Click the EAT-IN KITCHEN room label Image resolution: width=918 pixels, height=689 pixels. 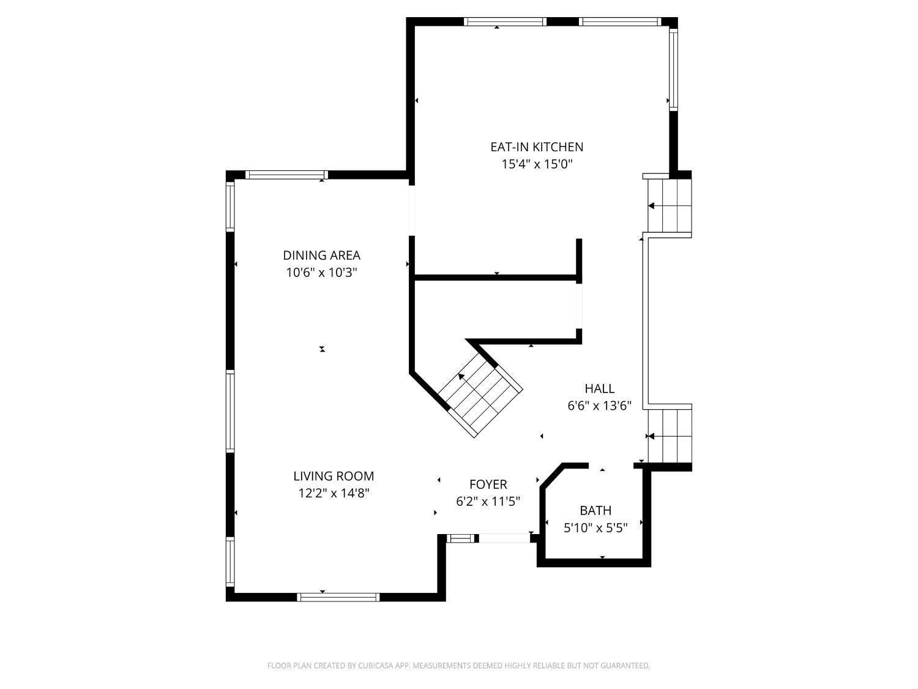[x=536, y=147]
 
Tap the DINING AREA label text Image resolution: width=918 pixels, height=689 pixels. [x=321, y=255]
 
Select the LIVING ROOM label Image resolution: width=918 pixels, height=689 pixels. [x=334, y=476]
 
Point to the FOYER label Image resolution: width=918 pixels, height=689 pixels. [x=488, y=484]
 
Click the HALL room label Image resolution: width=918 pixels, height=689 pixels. [x=599, y=388]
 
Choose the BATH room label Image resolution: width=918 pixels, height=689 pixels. [x=595, y=510]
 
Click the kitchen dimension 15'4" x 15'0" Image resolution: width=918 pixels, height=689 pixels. [x=536, y=164]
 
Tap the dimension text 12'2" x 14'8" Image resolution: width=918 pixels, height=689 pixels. [x=334, y=493]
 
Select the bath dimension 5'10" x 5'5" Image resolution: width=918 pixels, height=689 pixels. [x=595, y=527]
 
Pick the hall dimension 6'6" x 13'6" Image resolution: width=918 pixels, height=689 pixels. [x=599, y=405]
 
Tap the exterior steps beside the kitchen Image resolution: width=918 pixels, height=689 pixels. [x=669, y=206]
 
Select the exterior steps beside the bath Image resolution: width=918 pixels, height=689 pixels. [x=670, y=436]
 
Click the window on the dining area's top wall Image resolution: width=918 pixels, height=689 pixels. [x=286, y=175]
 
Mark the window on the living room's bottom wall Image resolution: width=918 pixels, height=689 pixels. [x=338, y=597]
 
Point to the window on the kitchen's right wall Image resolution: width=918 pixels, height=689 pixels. [x=673, y=69]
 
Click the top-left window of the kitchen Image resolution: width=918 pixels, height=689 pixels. [x=505, y=22]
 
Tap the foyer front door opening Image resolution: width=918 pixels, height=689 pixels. [x=504, y=538]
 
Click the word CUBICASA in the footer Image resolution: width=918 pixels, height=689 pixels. [x=375, y=666]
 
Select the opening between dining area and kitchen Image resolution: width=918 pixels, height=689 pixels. [x=412, y=210]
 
